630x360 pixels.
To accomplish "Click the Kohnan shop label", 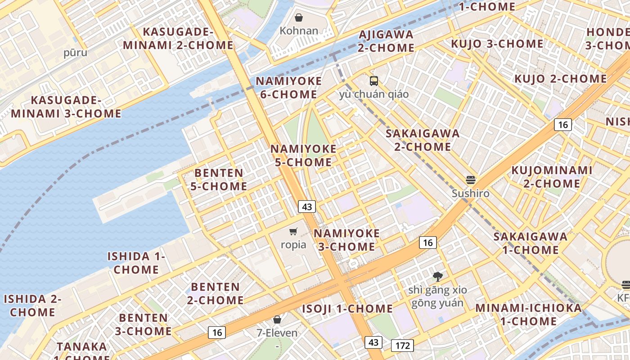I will point(299,31).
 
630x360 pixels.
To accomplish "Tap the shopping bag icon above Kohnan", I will point(298,18).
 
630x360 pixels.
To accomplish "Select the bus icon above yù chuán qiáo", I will point(374,81).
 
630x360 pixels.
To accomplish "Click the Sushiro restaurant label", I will point(471,193).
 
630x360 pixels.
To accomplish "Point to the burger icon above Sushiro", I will point(471,180).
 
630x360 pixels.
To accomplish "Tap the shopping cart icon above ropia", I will point(293,232).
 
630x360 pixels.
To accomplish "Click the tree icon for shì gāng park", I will point(437,277).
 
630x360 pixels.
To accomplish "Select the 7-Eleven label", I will point(277,333).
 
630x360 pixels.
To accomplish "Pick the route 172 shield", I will point(402,346).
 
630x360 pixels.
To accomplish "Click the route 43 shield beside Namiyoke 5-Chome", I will point(307,207).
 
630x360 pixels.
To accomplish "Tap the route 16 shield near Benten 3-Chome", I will point(217,333).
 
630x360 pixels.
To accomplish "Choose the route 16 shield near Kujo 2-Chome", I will point(562,125).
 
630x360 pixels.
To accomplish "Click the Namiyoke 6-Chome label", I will point(289,88).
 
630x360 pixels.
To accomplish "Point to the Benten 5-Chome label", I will point(219,180).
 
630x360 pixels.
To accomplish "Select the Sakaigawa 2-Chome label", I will point(423,140).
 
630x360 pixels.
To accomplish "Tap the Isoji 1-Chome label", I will point(347,309).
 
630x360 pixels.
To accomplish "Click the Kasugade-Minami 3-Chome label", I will point(66,107).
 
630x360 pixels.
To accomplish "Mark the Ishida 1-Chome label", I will point(136,263).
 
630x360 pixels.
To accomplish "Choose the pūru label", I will point(75,53).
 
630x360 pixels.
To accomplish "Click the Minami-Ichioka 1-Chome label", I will point(528,315).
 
